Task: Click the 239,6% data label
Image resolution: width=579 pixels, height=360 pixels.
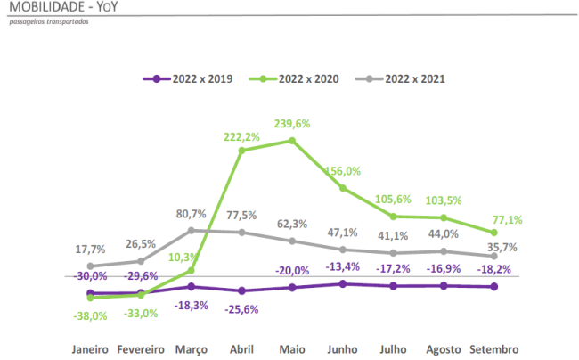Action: click(291, 124)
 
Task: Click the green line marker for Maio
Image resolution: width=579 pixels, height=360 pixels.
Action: click(291, 140)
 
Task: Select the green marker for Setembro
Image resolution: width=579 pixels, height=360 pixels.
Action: click(494, 233)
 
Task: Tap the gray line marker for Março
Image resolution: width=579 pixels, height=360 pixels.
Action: click(190, 230)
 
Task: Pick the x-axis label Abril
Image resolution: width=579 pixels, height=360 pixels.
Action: click(241, 349)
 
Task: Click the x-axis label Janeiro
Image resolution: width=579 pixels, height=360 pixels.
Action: click(90, 349)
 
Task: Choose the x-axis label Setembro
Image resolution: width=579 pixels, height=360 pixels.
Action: click(493, 349)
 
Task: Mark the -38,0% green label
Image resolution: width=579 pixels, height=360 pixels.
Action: click(89, 315)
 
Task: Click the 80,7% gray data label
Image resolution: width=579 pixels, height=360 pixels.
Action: click(190, 214)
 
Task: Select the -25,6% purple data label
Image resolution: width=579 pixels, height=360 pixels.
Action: click(241, 308)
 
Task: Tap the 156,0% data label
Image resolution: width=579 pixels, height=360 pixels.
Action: click(342, 171)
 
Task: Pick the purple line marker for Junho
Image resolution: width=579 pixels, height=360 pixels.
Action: click(342, 283)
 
